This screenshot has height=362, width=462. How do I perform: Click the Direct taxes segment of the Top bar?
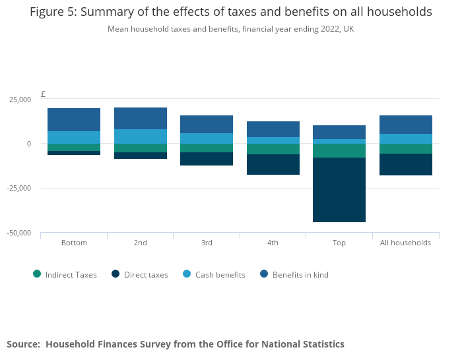(x=339, y=190)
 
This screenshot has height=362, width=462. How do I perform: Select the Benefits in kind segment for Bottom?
(x=74, y=119)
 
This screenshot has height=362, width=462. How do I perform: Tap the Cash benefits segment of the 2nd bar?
(x=141, y=136)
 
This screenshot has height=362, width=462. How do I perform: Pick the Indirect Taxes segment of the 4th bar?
(x=273, y=149)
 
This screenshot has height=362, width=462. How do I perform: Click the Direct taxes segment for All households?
(x=405, y=165)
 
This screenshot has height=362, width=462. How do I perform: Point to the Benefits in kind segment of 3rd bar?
(x=207, y=124)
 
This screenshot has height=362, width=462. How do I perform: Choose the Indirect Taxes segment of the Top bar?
(x=339, y=150)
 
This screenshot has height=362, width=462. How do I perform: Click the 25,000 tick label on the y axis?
(x=19, y=100)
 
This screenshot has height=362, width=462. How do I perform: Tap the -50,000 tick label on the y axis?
(x=18, y=233)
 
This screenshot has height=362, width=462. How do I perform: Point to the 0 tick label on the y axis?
(x=28, y=144)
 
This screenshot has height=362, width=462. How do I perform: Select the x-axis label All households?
(x=405, y=243)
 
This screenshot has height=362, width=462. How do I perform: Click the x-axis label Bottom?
(x=74, y=243)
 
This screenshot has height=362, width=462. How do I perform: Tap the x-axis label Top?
(x=339, y=243)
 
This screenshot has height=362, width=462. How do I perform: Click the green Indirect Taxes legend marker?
(x=37, y=274)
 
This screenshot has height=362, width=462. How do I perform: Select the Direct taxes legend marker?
(x=115, y=274)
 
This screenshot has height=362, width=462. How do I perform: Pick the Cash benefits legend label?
(x=220, y=275)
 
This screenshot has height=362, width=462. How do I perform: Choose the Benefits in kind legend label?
(x=300, y=275)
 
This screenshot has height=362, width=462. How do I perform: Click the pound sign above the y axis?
(x=43, y=94)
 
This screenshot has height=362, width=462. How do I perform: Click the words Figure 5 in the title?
(x=53, y=12)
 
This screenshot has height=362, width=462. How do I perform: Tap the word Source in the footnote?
(x=23, y=344)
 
